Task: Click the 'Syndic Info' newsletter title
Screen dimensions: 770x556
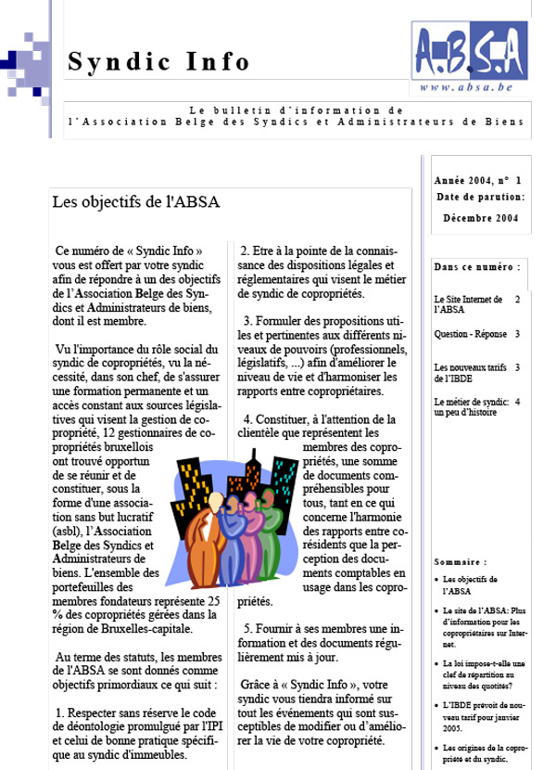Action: click(x=159, y=62)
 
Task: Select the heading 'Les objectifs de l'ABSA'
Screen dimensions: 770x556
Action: click(x=136, y=201)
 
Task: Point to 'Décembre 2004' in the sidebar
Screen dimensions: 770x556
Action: click(x=480, y=218)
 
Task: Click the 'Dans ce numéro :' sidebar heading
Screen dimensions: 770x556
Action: click(x=476, y=267)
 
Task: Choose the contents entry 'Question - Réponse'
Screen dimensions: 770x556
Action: click(x=471, y=334)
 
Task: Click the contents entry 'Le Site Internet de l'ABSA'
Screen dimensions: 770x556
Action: click(x=468, y=304)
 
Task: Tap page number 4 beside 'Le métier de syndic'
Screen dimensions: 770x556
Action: click(x=517, y=402)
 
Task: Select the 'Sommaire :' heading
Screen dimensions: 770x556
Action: click(x=461, y=562)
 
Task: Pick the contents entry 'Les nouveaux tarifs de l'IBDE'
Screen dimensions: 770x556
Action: click(x=467, y=373)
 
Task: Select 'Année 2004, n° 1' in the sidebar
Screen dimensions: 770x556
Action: click(x=477, y=180)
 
